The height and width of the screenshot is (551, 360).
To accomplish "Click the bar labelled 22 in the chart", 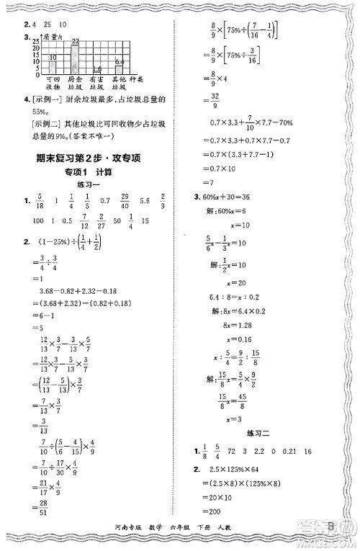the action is click(x=74, y=57).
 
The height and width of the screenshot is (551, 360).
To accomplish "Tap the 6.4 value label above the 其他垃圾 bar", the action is click(x=120, y=62).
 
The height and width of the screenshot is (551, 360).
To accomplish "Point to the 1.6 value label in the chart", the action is click(x=97, y=69).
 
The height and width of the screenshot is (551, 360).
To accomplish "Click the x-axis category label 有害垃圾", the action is click(x=97, y=83).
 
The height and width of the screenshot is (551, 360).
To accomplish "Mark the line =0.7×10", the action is click(x=223, y=167).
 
